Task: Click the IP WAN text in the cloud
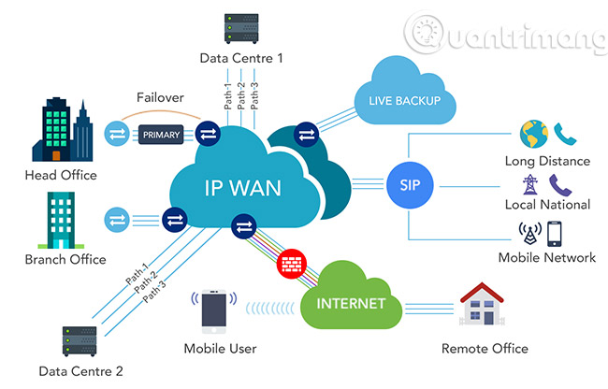tap(242, 186)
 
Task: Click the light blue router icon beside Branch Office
tap(117, 221)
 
